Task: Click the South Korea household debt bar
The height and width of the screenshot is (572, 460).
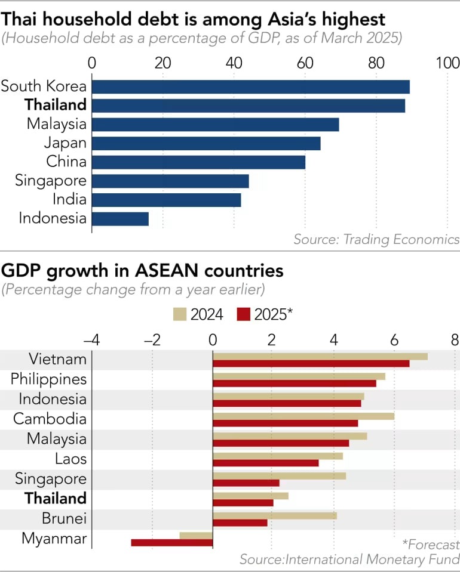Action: (251, 86)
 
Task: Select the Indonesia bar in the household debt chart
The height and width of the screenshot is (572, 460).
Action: (120, 218)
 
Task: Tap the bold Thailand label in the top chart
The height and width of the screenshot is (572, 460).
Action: (56, 105)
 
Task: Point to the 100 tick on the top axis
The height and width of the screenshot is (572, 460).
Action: (447, 63)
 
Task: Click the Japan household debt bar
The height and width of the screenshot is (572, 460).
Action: (206, 143)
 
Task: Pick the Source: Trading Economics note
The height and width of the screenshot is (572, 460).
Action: (376, 239)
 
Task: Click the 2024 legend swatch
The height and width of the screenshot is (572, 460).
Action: (180, 314)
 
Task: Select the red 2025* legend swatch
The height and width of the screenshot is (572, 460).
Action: (244, 314)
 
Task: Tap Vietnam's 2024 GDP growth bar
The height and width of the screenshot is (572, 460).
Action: (320, 356)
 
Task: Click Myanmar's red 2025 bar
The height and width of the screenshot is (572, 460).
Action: (172, 542)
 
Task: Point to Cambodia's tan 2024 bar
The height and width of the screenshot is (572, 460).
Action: (303, 416)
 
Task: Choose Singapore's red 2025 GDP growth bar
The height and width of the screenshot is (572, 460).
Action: (246, 483)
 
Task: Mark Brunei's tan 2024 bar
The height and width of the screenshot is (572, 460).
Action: (275, 515)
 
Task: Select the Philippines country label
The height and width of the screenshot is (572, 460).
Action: (49, 379)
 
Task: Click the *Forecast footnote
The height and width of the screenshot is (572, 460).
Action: (430, 544)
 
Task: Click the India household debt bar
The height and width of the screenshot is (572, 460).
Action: (167, 199)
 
